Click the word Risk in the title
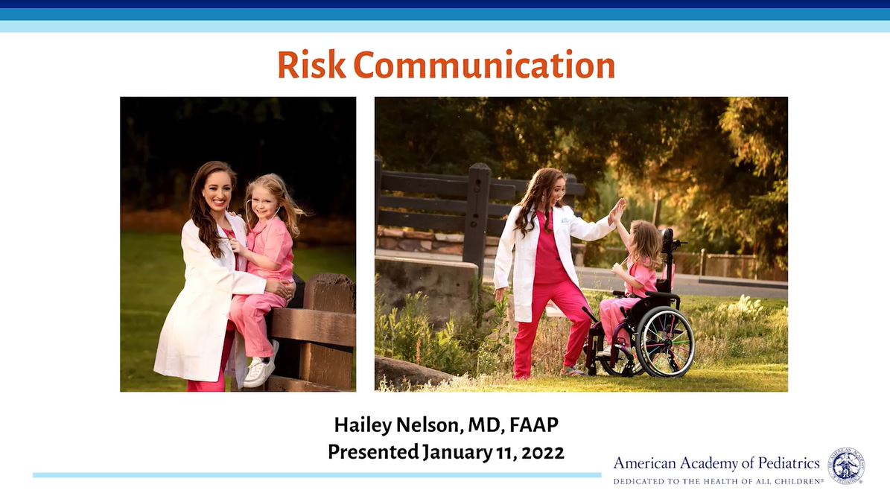point(311,65)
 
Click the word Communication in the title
point(484,65)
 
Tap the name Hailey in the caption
point(362,425)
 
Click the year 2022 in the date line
point(543,453)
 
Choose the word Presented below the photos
point(373,452)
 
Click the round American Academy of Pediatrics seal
point(846,465)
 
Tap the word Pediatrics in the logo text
point(789,463)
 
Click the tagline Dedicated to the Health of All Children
point(718,481)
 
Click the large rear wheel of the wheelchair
point(664,342)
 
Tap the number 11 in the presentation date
point(505,453)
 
